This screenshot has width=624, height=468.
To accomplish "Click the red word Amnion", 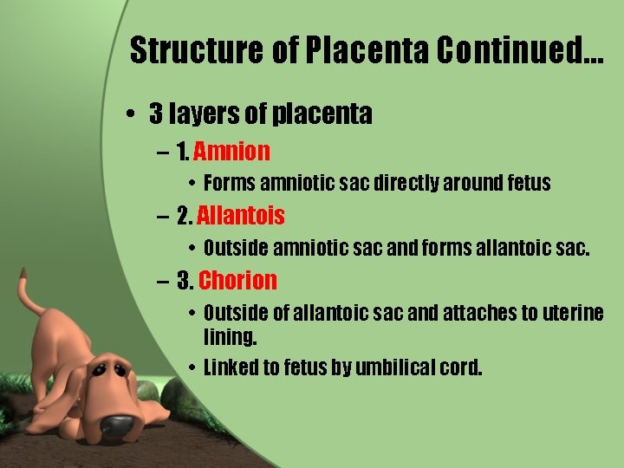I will (x=231, y=153).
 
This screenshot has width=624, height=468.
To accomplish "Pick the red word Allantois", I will (x=241, y=215).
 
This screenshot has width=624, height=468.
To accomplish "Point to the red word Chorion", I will (x=237, y=280).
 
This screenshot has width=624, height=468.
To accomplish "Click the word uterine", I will (x=573, y=313).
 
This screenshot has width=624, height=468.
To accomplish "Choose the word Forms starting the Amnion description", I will (x=230, y=183).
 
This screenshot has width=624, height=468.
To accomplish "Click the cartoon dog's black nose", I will (x=116, y=425).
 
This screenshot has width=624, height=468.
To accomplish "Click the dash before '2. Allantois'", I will (x=164, y=216).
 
